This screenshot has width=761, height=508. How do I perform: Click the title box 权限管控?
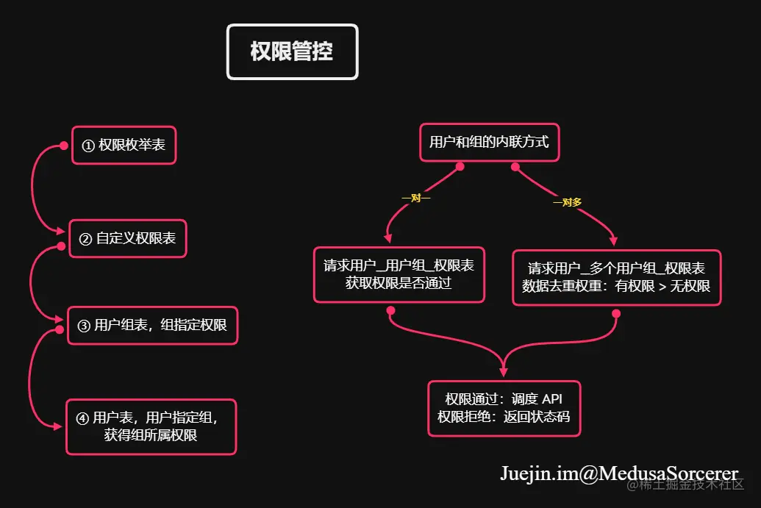pos(292,51)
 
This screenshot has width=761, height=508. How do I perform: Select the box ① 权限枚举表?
pos(124,145)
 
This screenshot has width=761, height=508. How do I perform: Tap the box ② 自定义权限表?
pos(127,239)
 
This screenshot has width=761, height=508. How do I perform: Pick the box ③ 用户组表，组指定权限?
pos(153,325)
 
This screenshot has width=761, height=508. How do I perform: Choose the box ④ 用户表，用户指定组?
pos(151,426)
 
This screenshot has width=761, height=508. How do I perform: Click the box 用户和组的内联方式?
pos(489,142)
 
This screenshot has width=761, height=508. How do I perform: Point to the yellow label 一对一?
pos(415,198)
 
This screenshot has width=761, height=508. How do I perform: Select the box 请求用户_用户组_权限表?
pos(399,274)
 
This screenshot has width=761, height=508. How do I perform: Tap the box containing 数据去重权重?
pos(616,277)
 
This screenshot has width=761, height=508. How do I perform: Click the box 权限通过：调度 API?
pos(504,408)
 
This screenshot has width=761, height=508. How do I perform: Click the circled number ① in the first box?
pos(88,146)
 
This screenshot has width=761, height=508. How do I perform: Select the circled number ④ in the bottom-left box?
pos(82,418)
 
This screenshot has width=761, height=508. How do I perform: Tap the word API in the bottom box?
pos(551,399)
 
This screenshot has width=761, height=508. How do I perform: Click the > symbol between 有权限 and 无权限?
pos(662,286)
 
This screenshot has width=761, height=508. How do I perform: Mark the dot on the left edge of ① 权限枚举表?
pos(63,146)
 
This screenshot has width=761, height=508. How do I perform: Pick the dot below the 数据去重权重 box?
pos(616,314)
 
